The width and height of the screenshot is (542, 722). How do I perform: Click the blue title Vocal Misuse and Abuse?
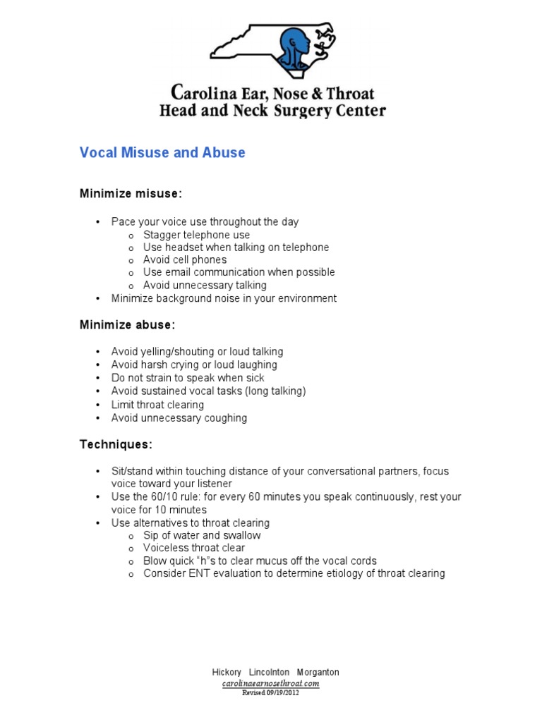tap(162, 152)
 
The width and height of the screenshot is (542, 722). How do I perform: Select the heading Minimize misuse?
tap(131, 193)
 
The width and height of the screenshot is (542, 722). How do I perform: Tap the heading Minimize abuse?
tap(127, 324)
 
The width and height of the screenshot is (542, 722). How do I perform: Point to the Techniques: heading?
tap(116, 444)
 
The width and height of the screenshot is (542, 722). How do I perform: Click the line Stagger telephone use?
tap(196, 235)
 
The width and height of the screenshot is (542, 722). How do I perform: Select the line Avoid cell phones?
tap(185, 259)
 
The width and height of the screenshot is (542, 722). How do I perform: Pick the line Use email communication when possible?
tap(239, 272)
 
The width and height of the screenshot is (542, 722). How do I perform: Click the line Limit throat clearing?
tap(157, 405)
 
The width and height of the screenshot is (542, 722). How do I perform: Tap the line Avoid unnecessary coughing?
tap(179, 418)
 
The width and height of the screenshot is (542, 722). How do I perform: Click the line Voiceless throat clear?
tap(194, 548)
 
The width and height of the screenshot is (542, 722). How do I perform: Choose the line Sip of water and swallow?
tap(202, 535)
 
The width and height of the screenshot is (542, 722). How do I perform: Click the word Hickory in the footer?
tap(227, 673)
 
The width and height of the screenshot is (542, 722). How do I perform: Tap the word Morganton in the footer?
tap(316, 673)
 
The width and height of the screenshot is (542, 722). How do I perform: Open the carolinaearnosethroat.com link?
tap(271, 683)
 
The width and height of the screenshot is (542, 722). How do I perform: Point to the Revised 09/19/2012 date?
tap(271, 692)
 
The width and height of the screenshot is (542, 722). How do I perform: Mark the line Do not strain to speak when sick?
tap(188, 378)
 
